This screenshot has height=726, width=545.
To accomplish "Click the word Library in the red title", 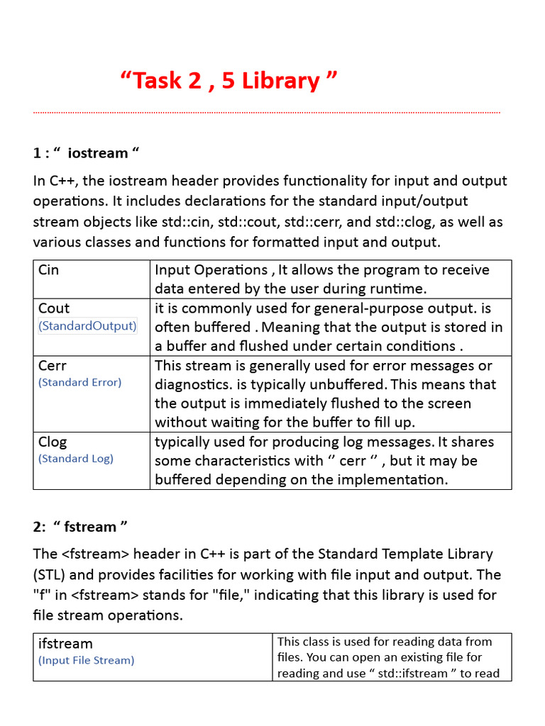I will (x=280, y=81).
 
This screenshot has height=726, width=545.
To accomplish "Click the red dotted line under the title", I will (x=267, y=112).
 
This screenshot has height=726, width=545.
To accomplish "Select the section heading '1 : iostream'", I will (x=87, y=153).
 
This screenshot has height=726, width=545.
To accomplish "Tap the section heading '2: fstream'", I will (x=81, y=527).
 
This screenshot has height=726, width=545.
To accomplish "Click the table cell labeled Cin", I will (x=49, y=270).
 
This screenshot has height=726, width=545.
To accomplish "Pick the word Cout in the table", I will (x=54, y=308).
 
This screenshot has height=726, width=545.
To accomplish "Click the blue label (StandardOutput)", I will (x=87, y=326).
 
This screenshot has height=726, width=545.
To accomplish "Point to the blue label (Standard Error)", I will (x=79, y=382).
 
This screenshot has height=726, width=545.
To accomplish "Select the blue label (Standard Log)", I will (x=76, y=459).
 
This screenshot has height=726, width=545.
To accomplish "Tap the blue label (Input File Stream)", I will (x=86, y=660).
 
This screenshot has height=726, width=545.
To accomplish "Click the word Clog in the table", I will (x=53, y=442).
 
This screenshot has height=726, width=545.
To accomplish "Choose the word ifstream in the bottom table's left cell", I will (x=65, y=644).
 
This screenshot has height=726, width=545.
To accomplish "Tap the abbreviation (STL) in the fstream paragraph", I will (x=49, y=574).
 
